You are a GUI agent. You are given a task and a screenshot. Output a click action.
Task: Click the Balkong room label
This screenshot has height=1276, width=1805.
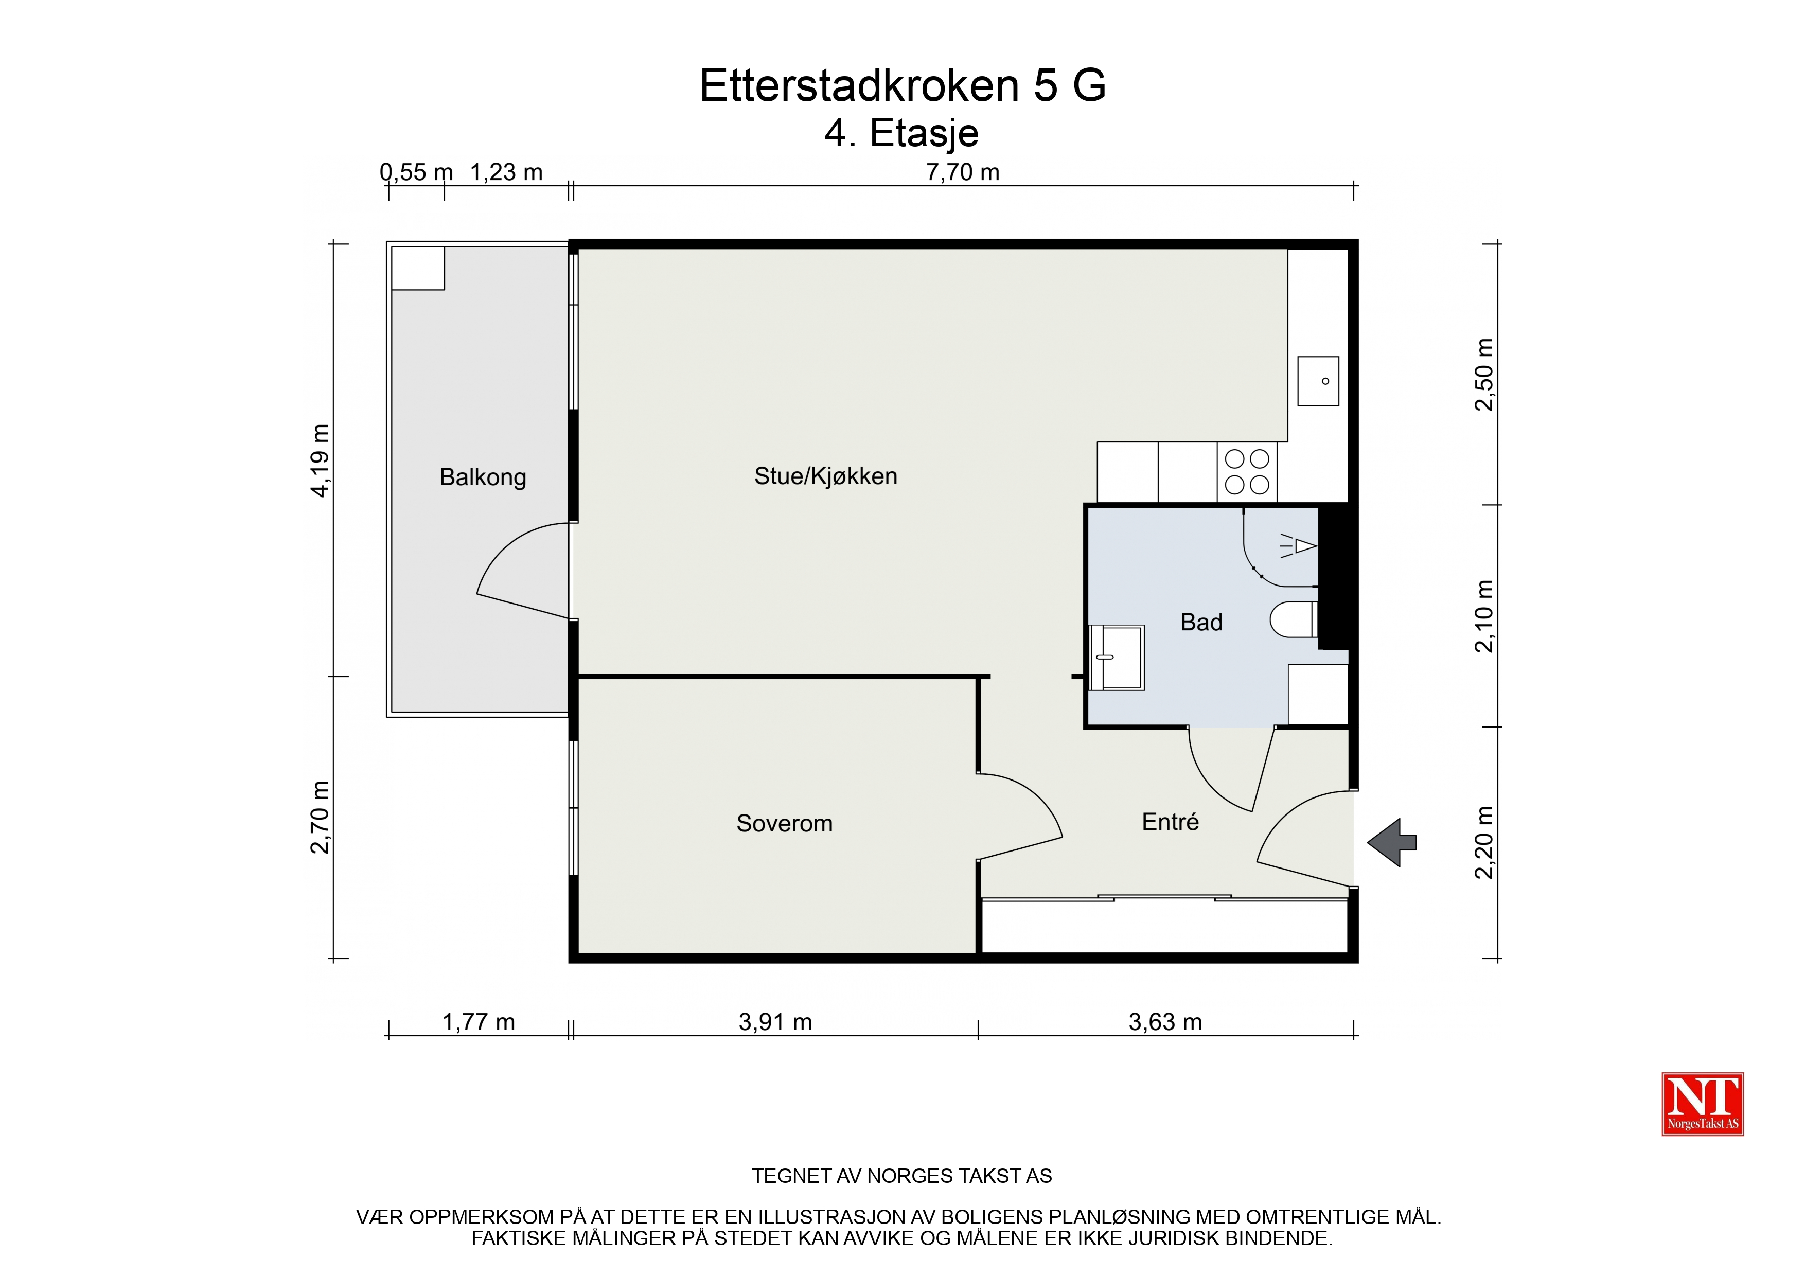[483, 477]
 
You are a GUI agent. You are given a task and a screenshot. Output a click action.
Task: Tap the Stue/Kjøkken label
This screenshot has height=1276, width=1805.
[825, 475]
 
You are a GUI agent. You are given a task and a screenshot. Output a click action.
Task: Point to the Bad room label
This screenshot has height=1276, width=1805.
[1201, 622]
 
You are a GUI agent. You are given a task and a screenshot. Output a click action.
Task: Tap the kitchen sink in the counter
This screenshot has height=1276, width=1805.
[1318, 381]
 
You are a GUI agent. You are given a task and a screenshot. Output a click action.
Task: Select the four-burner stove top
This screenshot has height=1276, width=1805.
[1247, 472]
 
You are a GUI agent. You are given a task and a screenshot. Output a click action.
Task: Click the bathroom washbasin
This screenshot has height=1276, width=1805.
[1117, 657]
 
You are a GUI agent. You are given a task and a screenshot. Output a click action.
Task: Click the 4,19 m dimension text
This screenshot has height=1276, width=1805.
[320, 460]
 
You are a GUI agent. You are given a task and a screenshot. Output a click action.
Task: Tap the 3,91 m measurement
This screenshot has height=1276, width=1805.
[775, 1022]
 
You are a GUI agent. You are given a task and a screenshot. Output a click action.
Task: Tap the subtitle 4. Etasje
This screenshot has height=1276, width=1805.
[901, 133]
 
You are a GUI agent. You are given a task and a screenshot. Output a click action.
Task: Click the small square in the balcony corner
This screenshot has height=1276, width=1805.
[418, 268]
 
